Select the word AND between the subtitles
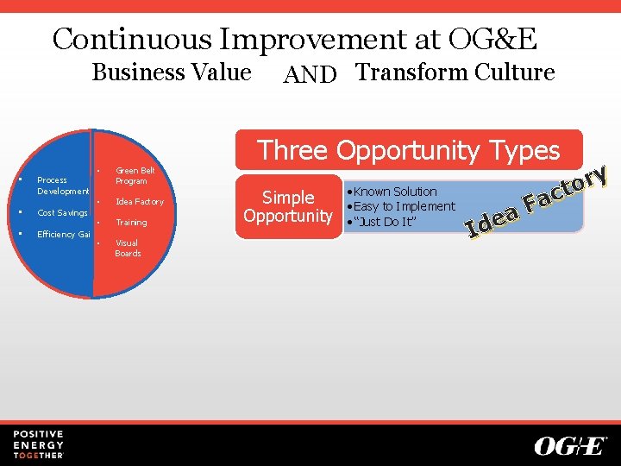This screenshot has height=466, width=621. pos(310,75)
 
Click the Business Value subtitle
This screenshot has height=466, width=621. pos(172,72)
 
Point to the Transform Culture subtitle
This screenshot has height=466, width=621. pos(455,72)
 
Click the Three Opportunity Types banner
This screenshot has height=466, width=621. pos(409,150)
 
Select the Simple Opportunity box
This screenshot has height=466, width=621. pos(288,206)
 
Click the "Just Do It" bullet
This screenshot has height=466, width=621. pos(385,221)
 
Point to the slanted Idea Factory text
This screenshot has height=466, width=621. pos(536,202)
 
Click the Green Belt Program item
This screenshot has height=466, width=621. pos(135,176)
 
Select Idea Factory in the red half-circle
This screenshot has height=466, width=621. pos(139,202)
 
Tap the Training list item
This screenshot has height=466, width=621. pos(131,223)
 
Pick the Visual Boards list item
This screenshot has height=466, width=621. pos(128,249)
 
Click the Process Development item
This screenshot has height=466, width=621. pos(62,186)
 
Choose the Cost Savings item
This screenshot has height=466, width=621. pos(62,213)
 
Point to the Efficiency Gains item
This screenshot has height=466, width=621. pos(63,235)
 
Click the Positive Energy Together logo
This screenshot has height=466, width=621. pos(38,444)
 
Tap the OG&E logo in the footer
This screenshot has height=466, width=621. pos(570,445)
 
